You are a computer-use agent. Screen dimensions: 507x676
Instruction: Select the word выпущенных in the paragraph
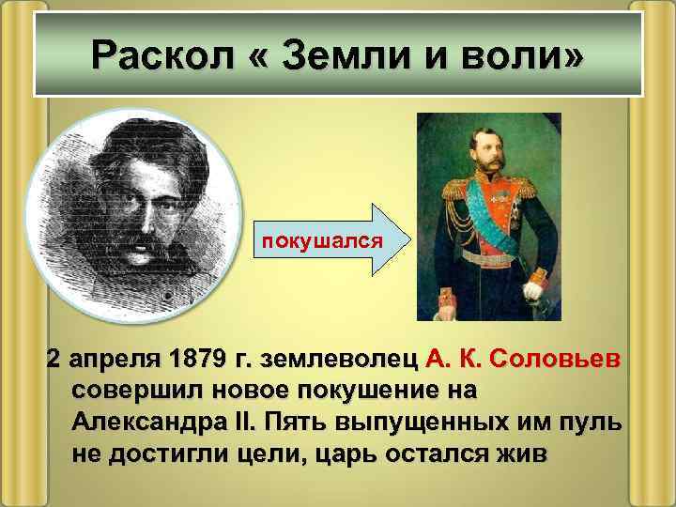click(421, 419)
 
